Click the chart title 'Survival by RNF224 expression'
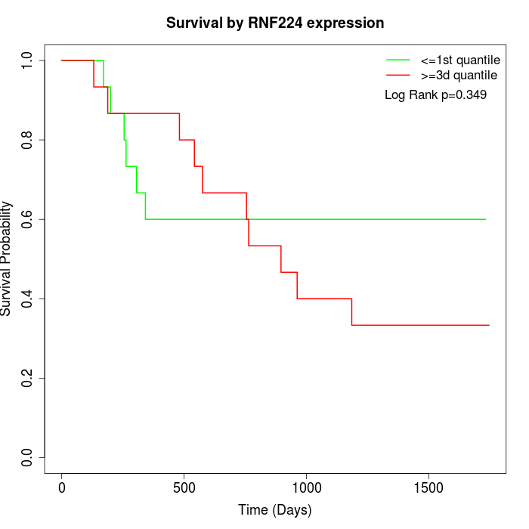coord(275,23)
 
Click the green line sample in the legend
coord(398,60)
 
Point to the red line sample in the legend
coord(398,76)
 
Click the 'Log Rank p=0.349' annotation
coord(435,95)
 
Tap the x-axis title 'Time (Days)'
coord(275,511)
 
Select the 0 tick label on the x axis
coord(62,487)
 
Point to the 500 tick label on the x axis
coord(184,487)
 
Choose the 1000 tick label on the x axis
coord(306,487)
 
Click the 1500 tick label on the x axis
coord(428,487)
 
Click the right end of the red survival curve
coord(489,325)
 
